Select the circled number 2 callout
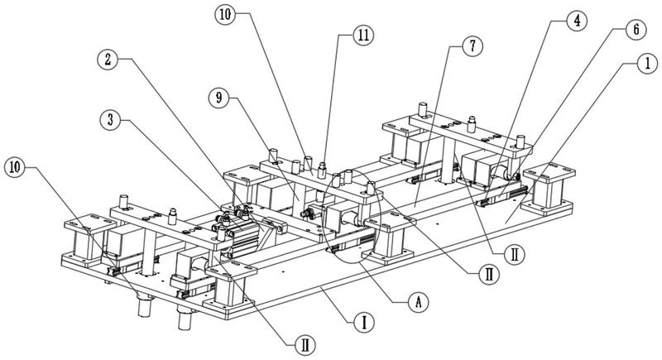[108, 60]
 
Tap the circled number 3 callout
[111, 120]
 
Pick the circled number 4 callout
[577, 21]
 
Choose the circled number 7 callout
[473, 46]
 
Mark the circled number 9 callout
[218, 98]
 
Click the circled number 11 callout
[363, 36]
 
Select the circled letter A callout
[418, 302]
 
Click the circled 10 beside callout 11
[225, 14]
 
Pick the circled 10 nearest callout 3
[14, 167]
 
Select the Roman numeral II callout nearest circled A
[489, 274]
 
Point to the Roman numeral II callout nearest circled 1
[514, 254]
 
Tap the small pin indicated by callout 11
[322, 170]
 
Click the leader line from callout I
[337, 305]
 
